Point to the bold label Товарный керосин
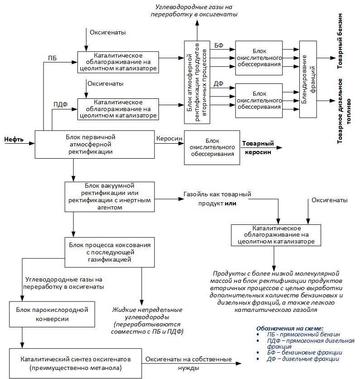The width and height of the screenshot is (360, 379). (x=258, y=148)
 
